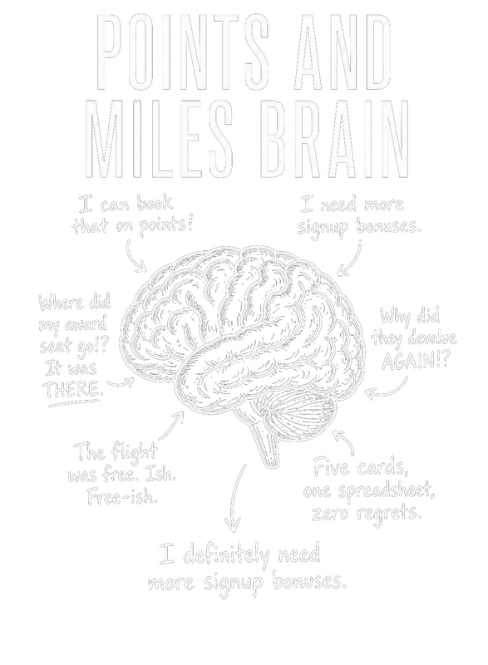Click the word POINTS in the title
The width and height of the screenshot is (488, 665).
coord(183,52)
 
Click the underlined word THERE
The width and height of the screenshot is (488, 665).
coord(74,388)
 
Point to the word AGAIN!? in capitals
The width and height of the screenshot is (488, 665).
coord(414,361)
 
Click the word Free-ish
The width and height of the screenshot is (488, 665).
coord(122,495)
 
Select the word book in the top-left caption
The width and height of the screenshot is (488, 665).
coord(155,204)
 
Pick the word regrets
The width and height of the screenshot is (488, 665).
coord(389,514)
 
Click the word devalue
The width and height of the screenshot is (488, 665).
coord(432,338)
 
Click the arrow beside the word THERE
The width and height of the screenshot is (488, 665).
coord(121,384)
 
